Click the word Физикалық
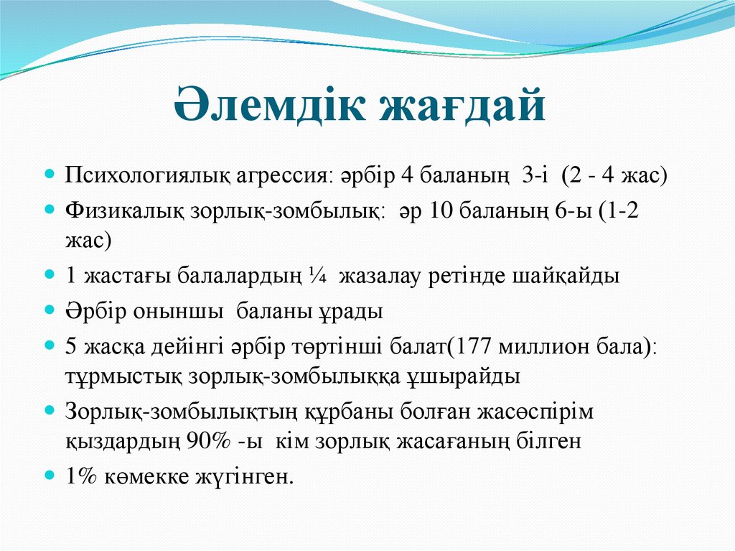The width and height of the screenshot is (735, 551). [123, 212]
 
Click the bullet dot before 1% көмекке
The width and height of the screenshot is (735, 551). [50, 476]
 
